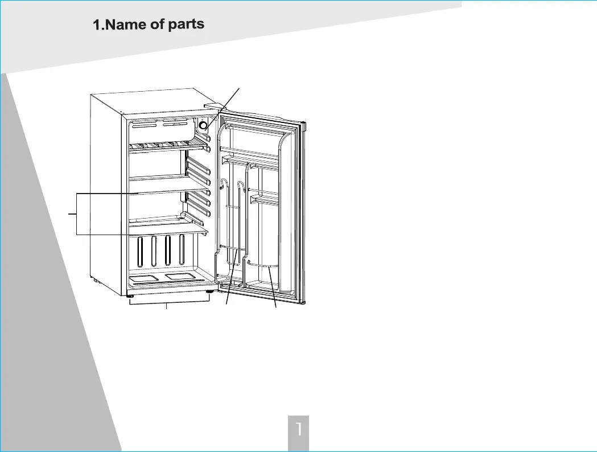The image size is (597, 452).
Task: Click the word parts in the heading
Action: (x=183, y=25)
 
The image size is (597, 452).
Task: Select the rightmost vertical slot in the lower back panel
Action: (x=182, y=250)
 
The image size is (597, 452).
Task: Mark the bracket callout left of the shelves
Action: (x=76, y=214)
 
